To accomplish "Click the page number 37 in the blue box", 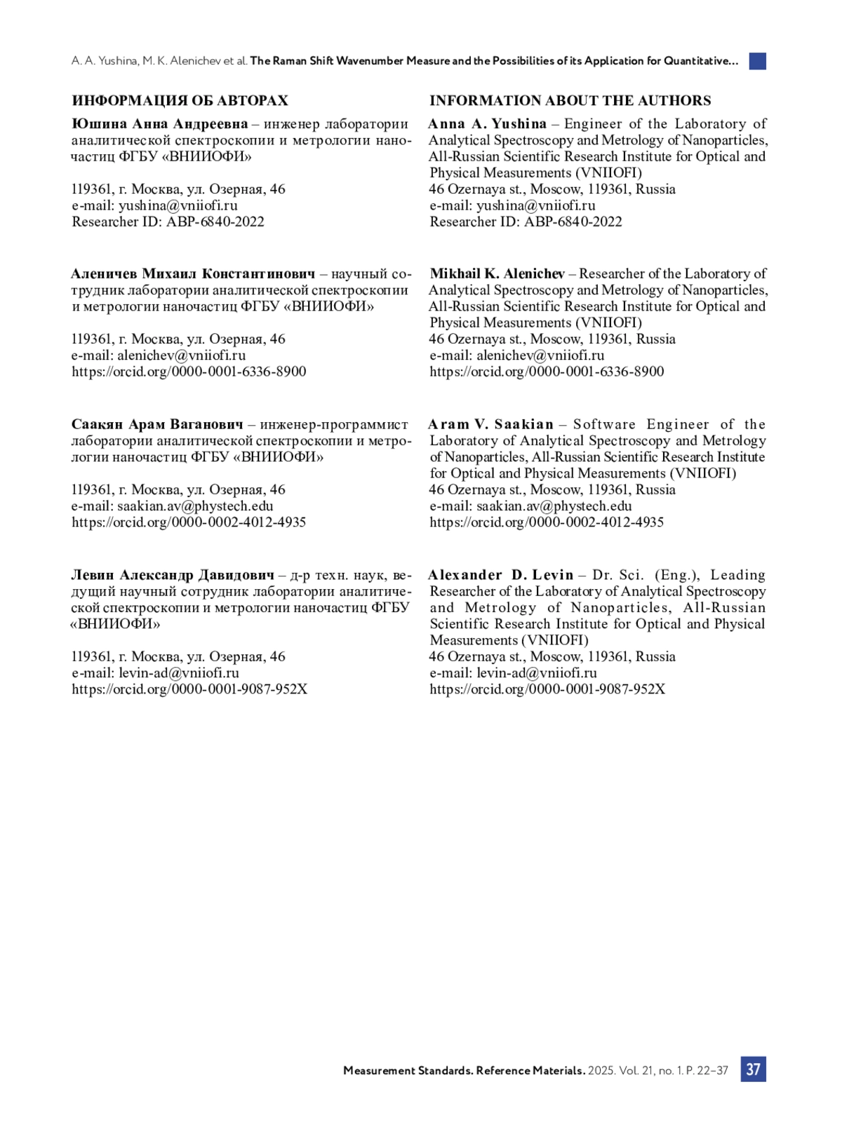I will [753, 1069].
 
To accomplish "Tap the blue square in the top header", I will [757, 61].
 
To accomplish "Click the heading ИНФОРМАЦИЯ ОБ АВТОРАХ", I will [180, 100].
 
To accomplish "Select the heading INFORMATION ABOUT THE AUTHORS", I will [570, 100].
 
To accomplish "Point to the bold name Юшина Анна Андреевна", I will [159, 124].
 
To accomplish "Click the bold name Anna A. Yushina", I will [488, 124].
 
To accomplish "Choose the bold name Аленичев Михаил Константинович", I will [193, 273].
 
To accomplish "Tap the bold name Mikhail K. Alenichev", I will [497, 273].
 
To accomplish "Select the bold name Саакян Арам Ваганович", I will [157, 424].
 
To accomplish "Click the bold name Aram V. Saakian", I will [491, 424].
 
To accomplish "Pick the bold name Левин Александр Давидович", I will [173, 575].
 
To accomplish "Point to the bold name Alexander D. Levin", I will [501, 575].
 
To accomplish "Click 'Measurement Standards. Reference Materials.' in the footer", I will [464, 1071].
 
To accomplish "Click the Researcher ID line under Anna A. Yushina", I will [526, 222].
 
